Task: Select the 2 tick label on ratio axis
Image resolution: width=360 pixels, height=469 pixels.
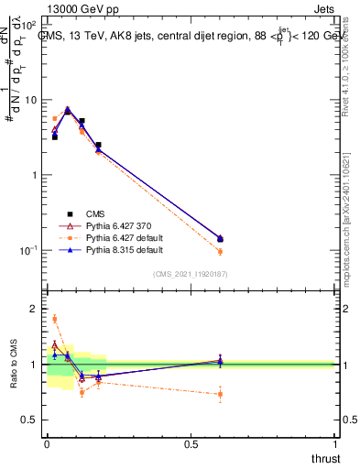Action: point(37,309)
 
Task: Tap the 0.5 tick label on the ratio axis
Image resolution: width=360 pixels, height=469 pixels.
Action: point(32,420)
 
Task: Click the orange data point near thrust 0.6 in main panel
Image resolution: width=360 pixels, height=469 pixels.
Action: point(220,251)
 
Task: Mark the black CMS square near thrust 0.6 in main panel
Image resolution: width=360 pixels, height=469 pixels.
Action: point(220,240)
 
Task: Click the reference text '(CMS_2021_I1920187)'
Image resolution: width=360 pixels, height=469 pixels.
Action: point(190,274)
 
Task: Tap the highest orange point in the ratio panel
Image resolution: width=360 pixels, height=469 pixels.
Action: point(54,319)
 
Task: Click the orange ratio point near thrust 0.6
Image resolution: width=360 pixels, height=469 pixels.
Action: point(220,395)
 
